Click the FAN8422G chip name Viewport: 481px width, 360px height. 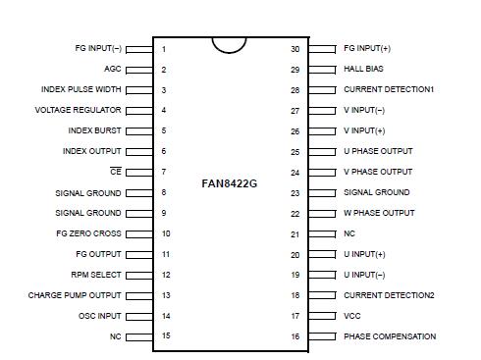[229, 182]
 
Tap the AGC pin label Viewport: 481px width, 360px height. [113, 70]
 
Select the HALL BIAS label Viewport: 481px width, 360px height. [365, 70]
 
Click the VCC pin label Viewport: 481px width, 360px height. [351, 316]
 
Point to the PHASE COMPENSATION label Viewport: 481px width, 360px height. [390, 336]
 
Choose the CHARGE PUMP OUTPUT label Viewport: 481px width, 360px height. [75, 295]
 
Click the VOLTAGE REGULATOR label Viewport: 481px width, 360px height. [78, 110]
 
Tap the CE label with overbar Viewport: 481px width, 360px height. [116, 172]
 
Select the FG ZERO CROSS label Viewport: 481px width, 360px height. [89, 233]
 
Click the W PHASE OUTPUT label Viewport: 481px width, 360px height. [379, 213]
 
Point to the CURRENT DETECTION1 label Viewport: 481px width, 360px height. [389, 89]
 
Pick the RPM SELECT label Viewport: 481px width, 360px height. [97, 275]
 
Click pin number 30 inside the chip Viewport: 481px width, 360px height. [294, 48]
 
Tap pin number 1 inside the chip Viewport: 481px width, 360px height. [164, 49]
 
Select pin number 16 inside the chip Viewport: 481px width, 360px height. [294, 336]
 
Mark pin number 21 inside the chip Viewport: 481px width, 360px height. [294, 233]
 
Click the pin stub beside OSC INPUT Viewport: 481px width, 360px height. [139, 316]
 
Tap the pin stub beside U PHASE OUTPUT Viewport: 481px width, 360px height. [319, 151]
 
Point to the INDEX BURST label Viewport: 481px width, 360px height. [95, 130]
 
